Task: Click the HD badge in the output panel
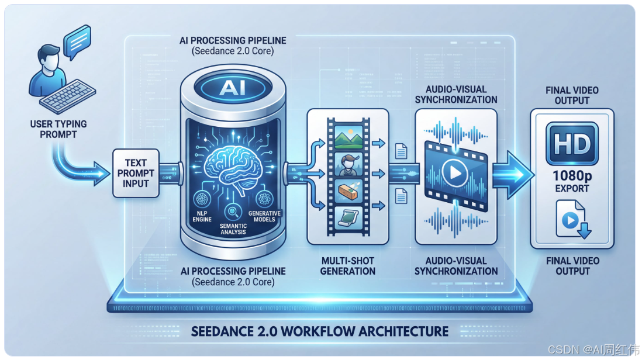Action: coord(571,143)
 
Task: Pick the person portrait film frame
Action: coord(348,166)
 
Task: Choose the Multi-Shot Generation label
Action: coord(347,265)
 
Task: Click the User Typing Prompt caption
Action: coord(58,129)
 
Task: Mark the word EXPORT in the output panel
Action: coord(572,189)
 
